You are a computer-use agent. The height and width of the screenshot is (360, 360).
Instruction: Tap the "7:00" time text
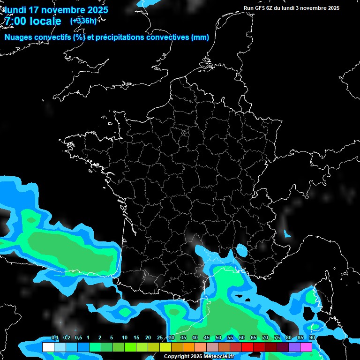15,21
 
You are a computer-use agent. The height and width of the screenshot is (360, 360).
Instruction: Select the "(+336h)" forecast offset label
84,21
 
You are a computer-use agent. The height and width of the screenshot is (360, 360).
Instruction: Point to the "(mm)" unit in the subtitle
200,37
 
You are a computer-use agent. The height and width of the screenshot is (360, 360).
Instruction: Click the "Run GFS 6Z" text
258,8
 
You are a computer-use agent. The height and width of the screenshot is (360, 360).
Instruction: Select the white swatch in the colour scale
48,347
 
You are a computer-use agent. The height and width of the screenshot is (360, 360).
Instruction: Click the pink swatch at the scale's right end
306,347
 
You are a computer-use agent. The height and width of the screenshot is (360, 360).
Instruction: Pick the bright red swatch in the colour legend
247,347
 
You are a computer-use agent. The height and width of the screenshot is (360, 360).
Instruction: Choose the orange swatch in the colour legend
188,347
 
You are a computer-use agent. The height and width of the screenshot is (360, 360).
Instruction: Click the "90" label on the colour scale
312,338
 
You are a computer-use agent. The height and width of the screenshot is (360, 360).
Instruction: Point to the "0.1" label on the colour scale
54,338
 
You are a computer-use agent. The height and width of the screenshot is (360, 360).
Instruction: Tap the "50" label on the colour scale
218,338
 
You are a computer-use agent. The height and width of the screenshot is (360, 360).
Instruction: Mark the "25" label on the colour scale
160,338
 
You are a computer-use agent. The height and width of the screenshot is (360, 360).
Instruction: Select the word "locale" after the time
45,21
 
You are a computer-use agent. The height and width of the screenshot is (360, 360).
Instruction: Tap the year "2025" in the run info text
333,8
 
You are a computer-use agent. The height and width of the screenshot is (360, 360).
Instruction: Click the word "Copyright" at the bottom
176,356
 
